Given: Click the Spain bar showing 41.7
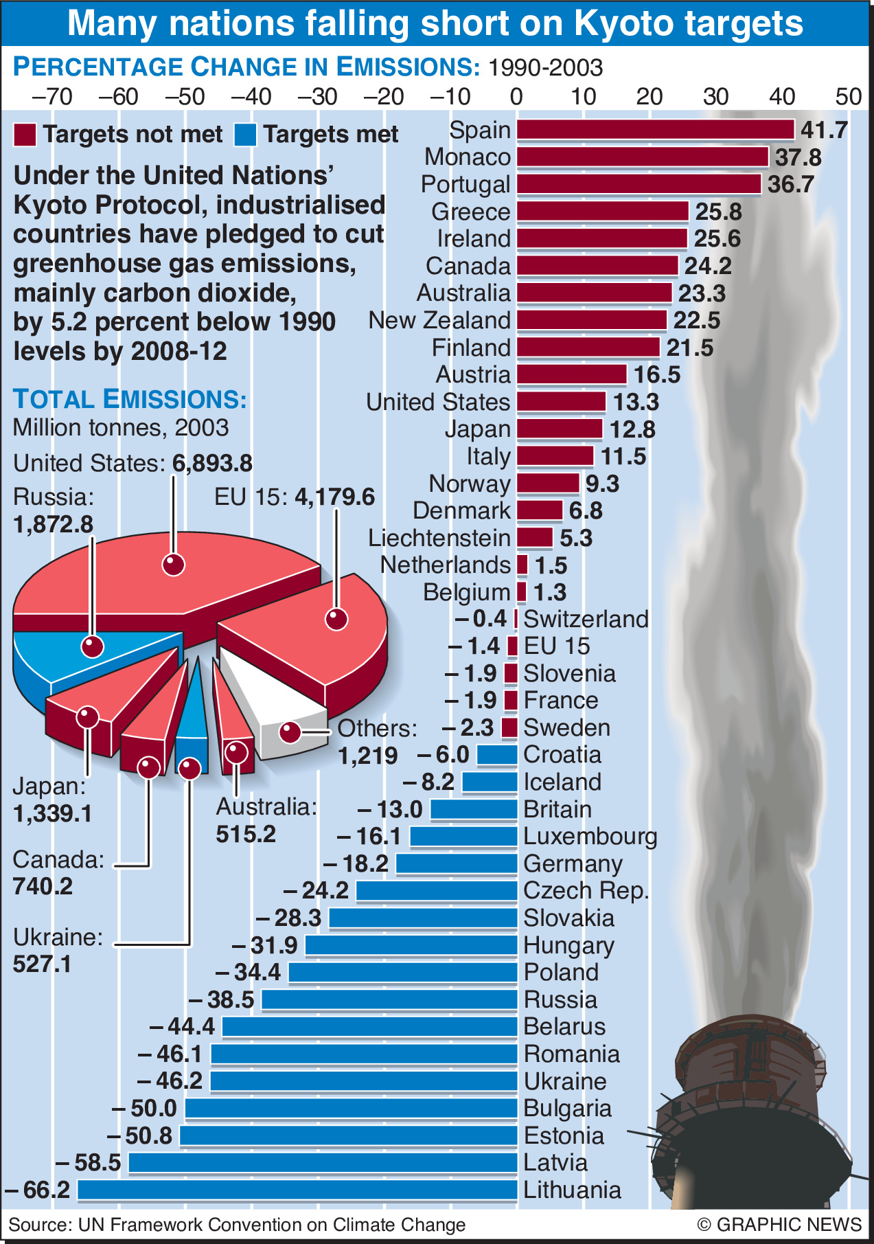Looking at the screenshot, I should [x=655, y=130].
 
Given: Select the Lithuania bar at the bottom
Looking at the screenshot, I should [x=297, y=1190].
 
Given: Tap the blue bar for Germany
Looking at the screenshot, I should [x=457, y=863].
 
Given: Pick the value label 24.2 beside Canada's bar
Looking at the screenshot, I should [x=708, y=266].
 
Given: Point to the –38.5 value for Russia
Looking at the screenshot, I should [x=222, y=999].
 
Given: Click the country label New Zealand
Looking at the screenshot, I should [x=439, y=320].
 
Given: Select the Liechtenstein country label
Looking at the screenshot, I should [x=439, y=538].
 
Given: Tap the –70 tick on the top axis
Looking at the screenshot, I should [x=52, y=96].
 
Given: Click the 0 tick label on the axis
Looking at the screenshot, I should [x=516, y=96].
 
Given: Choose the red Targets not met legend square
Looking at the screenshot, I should [x=25, y=135].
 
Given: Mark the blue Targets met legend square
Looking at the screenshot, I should [x=245, y=135].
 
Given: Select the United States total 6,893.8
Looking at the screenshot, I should [x=212, y=464].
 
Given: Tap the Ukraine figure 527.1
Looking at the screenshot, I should [x=42, y=964].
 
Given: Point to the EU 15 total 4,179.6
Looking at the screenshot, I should [x=335, y=497].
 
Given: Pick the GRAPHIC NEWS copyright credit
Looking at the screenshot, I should [x=779, y=1225].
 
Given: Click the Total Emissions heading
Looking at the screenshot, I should [x=130, y=399].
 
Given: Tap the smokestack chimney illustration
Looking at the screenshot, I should [x=748, y=1113].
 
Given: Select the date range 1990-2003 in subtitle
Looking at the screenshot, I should [x=545, y=68].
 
